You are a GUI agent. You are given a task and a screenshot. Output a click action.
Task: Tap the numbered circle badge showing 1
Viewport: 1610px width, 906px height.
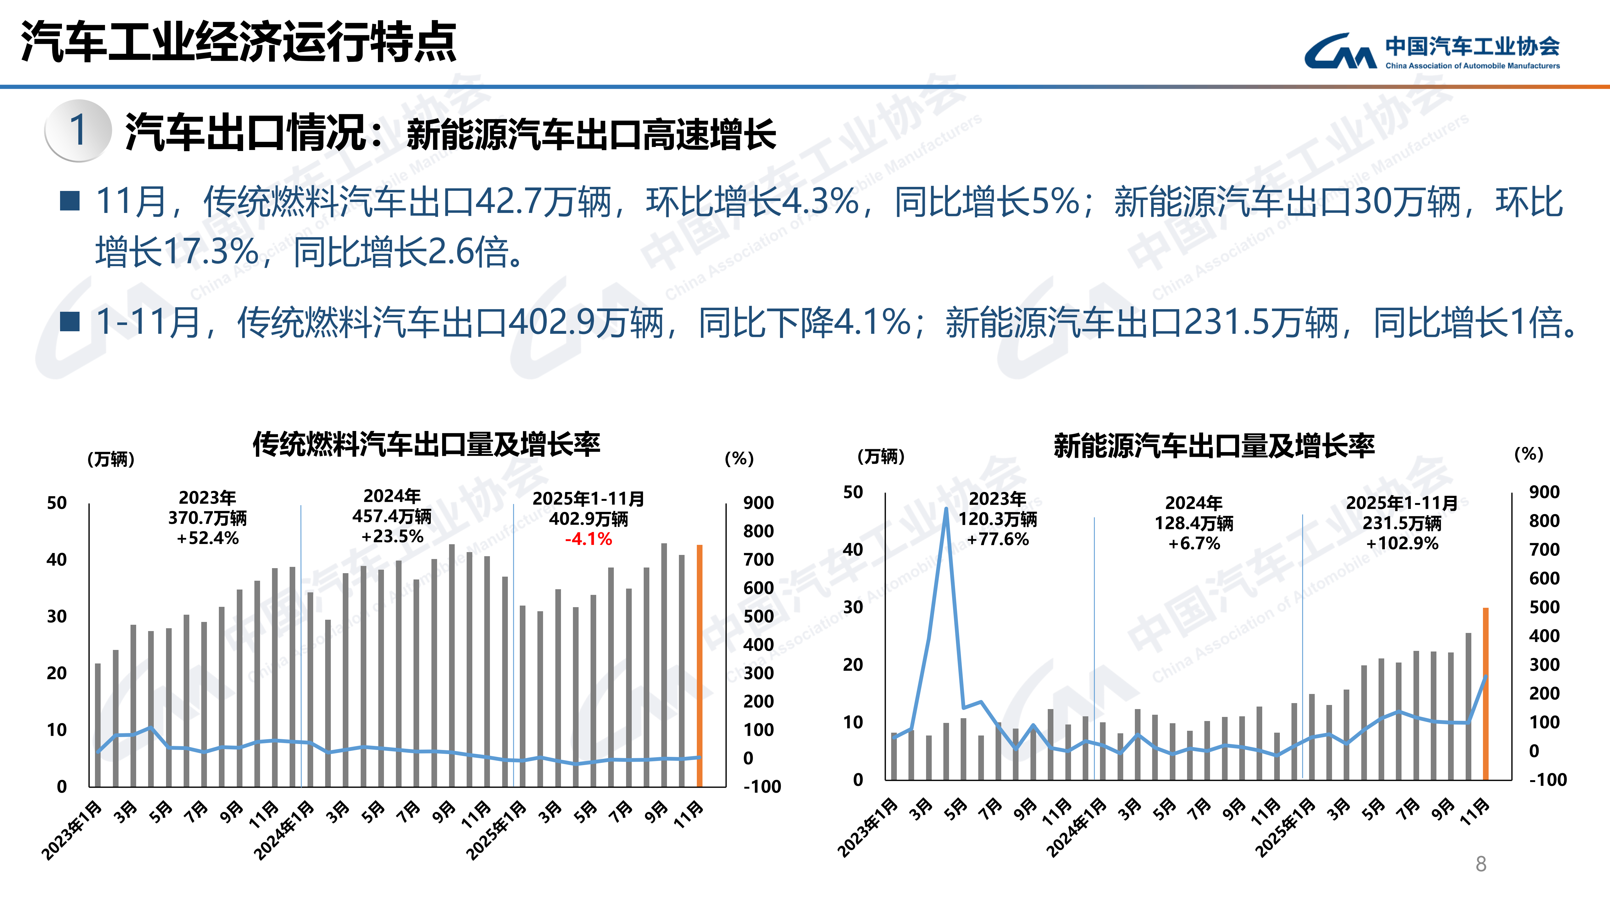point(78,130)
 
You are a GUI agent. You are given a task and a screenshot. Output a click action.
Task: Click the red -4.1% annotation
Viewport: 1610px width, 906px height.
point(588,539)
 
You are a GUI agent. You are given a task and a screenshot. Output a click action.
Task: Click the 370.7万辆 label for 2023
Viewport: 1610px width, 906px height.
point(208,518)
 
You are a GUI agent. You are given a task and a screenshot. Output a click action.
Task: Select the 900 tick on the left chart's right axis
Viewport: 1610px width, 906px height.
point(758,503)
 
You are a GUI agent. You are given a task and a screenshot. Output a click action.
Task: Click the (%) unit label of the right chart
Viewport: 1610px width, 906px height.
point(1529,454)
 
